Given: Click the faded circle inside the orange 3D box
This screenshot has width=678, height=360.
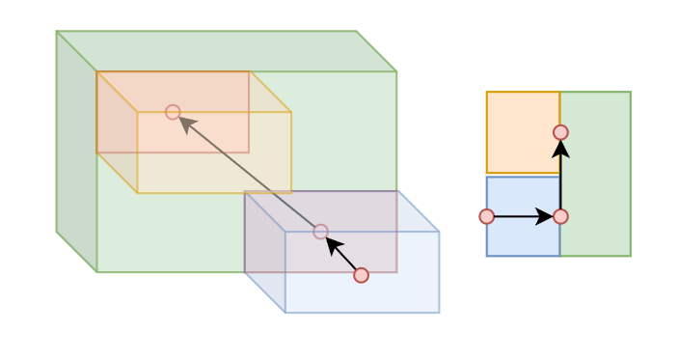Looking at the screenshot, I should [x=173, y=112].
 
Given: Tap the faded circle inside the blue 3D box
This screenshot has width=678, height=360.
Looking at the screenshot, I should [x=320, y=232].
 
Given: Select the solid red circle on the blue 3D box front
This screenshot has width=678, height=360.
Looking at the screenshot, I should [x=361, y=275].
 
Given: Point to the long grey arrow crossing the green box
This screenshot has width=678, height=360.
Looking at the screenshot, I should [x=251, y=174].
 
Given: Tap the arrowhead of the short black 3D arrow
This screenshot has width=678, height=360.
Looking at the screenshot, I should [x=332, y=243].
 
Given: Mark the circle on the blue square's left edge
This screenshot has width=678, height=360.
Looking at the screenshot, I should [x=487, y=216].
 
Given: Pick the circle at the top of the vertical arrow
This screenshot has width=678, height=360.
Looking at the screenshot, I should [x=560, y=132].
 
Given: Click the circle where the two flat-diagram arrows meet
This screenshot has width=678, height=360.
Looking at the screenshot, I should [x=560, y=216].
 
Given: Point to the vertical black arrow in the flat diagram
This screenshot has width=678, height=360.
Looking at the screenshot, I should [x=560, y=179].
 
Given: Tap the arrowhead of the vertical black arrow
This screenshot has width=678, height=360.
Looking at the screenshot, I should [x=560, y=149].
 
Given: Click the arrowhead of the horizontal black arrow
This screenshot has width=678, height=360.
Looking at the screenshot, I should [x=546, y=216].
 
